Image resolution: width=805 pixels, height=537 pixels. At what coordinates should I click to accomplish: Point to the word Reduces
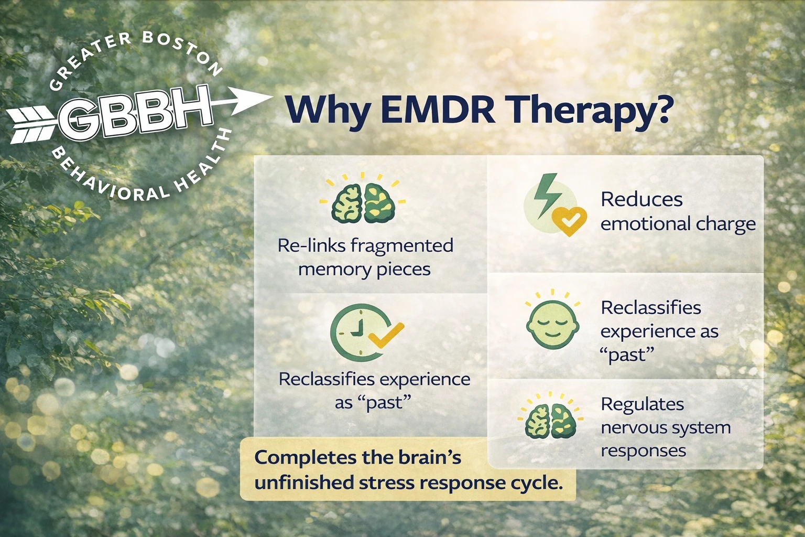tap(641, 200)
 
